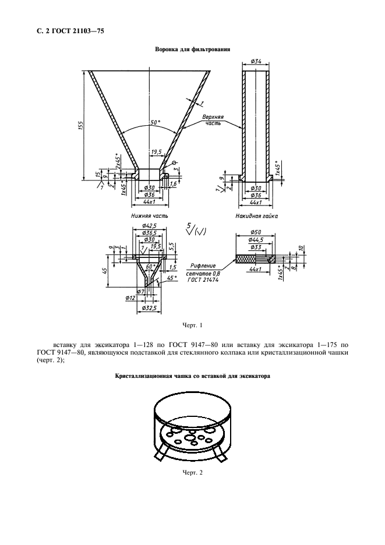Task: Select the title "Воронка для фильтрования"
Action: tap(192, 49)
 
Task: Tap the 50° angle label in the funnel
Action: tap(154, 123)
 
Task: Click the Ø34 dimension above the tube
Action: tap(255, 62)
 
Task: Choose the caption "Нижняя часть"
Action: tap(150, 215)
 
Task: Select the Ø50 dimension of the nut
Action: tap(255, 231)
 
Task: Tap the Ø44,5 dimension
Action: tap(255, 239)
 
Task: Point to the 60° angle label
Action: tap(150, 266)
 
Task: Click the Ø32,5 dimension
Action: tap(150, 307)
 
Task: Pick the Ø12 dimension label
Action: tap(131, 298)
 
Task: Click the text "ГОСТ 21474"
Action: tap(202, 279)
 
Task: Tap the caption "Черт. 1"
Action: tap(192, 325)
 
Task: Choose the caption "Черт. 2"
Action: tap(192, 472)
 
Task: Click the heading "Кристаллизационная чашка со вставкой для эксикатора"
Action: tap(192, 377)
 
